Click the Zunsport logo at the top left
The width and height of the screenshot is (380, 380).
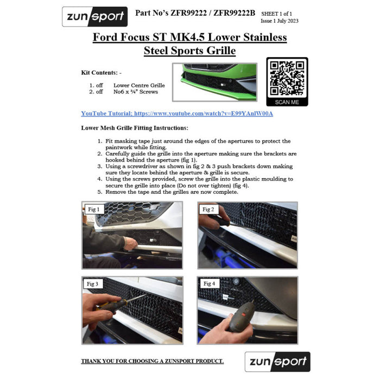click(x=95, y=16)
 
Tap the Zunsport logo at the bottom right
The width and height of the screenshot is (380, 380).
click(x=277, y=362)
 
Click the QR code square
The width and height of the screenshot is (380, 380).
click(x=287, y=78)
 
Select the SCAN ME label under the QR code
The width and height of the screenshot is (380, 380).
click(x=287, y=102)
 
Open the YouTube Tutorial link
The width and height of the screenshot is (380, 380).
click(x=177, y=113)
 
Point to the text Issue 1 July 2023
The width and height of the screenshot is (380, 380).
click(x=280, y=21)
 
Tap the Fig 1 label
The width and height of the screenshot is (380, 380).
click(x=94, y=209)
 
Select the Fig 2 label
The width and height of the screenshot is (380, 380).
click(x=208, y=209)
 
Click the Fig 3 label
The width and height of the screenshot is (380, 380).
click(x=92, y=284)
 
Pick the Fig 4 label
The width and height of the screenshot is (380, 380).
click(x=209, y=283)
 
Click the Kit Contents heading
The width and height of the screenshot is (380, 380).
click(x=102, y=72)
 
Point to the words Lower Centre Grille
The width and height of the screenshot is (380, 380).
click(x=139, y=85)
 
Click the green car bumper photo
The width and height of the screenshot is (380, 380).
click(x=215, y=82)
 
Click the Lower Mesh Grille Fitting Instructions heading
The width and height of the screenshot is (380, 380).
click(x=135, y=128)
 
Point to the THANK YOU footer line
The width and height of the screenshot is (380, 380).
click(x=152, y=361)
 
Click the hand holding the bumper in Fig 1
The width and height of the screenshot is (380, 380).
click(x=131, y=244)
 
